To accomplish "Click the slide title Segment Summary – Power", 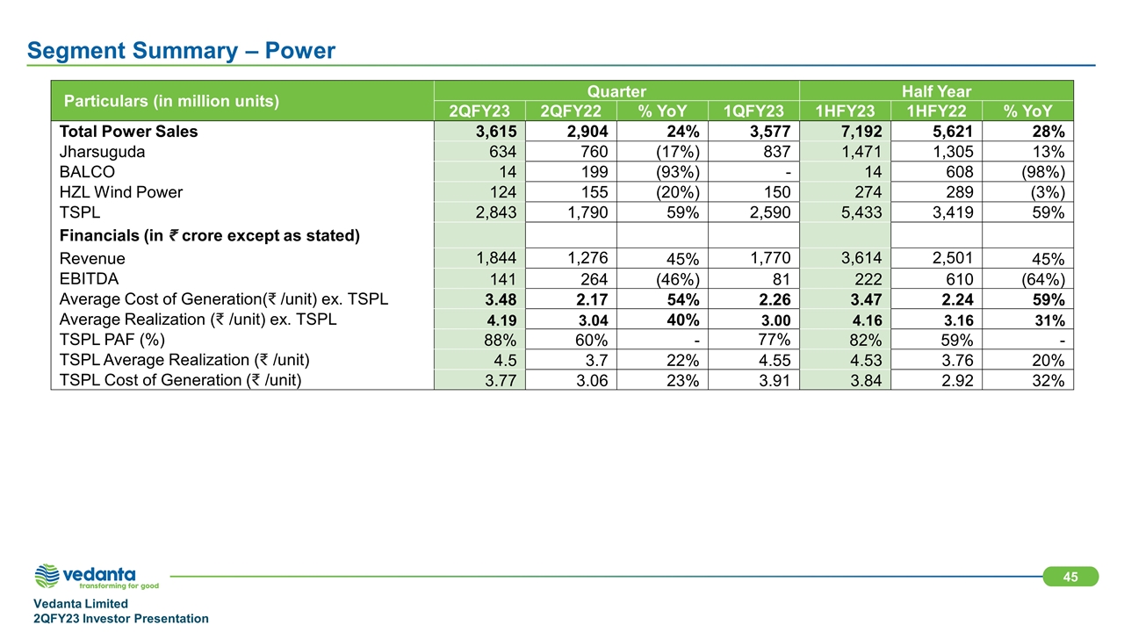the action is [181, 51].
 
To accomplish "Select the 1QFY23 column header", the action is [753, 111].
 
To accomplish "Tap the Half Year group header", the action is [936, 91].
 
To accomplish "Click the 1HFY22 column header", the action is [936, 111].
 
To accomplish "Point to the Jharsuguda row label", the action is [102, 152].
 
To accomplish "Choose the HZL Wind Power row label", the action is [121, 192].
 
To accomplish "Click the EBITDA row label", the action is [89, 279].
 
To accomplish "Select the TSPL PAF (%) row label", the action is [112, 340].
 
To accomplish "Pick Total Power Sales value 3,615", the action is [496, 132].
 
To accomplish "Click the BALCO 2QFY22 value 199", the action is [594, 172].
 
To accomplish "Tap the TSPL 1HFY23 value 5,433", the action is [861, 212].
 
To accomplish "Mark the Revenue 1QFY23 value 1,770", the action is [770, 258].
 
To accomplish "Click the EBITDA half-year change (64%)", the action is [1043, 279].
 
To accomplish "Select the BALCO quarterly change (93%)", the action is [678, 173].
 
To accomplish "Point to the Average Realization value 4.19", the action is [501, 320].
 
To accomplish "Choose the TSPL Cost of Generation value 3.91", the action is [775, 381].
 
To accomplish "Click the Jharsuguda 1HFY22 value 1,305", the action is [953, 152].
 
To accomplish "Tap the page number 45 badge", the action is [1070, 577].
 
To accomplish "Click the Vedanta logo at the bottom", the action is [97, 577].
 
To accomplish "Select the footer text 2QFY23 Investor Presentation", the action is [121, 619].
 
